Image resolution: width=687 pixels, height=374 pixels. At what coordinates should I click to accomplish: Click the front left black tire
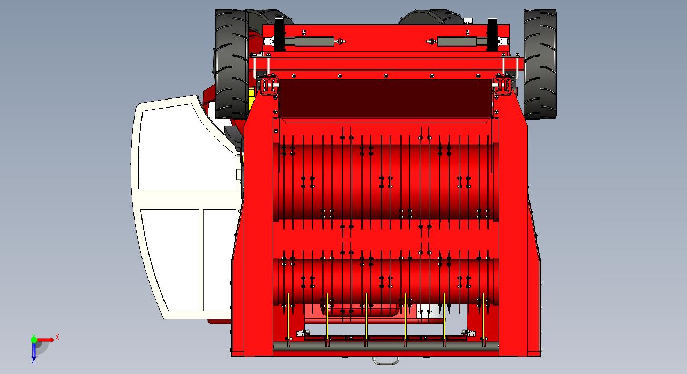(x=232, y=64)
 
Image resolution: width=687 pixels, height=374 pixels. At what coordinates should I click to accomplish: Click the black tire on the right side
(x=540, y=64)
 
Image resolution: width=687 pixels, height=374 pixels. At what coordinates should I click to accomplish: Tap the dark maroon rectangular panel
(x=385, y=98)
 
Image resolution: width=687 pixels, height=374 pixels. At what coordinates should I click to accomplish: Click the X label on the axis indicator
(x=57, y=338)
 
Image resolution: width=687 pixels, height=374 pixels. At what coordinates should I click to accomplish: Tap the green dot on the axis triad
(x=34, y=339)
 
